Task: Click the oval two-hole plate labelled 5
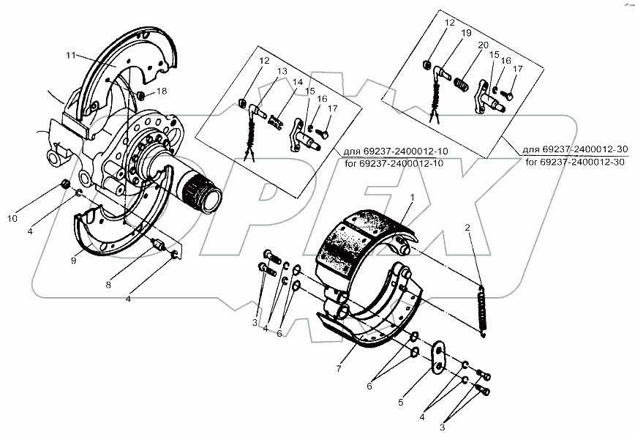(438, 356)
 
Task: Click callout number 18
(162, 91)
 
